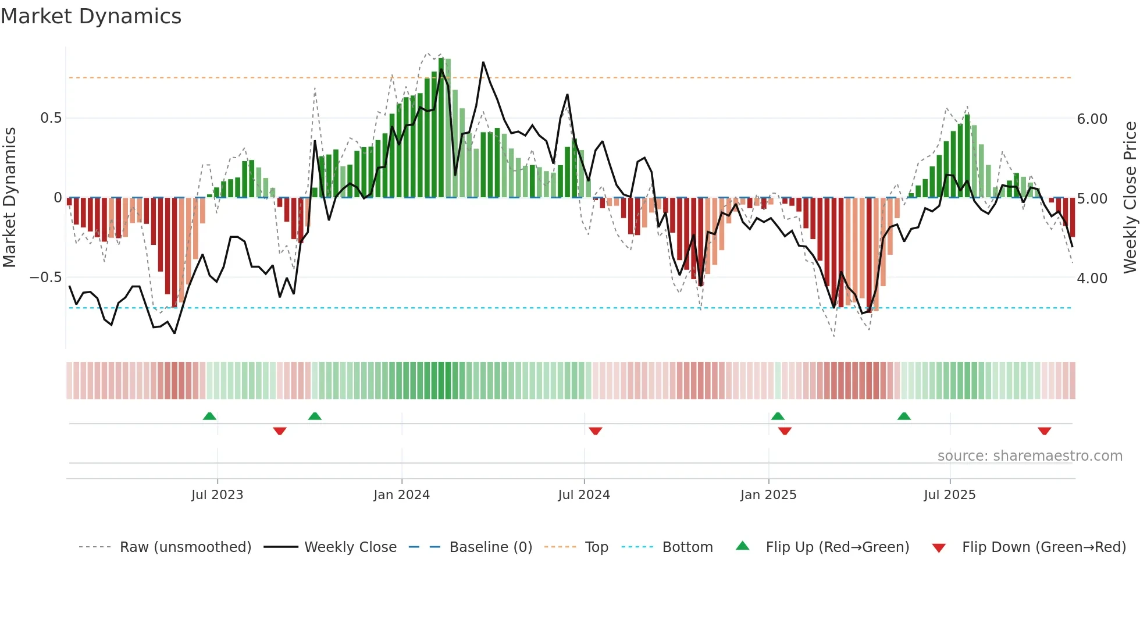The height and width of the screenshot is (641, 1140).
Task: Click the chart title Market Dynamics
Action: (91, 16)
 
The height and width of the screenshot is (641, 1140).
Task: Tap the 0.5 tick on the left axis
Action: (51, 118)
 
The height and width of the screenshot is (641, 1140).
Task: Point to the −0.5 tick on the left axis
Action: (45, 277)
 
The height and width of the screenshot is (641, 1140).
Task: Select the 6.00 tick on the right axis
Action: (1092, 119)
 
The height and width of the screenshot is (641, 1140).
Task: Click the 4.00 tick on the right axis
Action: (1092, 279)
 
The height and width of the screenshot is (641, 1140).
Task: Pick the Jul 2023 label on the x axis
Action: (217, 495)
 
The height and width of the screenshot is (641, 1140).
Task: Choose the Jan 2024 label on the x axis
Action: (401, 495)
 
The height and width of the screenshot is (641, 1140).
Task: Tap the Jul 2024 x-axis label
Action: (584, 495)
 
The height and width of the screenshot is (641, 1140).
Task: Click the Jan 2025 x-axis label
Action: (768, 495)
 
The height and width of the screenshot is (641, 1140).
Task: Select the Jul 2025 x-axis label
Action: (950, 495)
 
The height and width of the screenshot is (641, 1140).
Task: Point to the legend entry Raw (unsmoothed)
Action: (185, 547)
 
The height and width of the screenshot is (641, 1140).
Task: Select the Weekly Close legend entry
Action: (350, 547)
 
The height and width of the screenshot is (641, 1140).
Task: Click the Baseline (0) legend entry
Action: (490, 547)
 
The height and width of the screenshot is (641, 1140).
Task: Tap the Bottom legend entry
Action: (687, 547)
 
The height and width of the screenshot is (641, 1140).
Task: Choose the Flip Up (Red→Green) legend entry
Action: (837, 547)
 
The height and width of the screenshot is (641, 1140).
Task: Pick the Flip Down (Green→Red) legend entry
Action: (1043, 547)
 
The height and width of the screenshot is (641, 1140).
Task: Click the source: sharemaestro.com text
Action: (1029, 456)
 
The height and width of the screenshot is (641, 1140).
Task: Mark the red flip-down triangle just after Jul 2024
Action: (595, 431)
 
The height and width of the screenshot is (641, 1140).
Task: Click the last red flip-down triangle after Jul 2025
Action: (1044, 431)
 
